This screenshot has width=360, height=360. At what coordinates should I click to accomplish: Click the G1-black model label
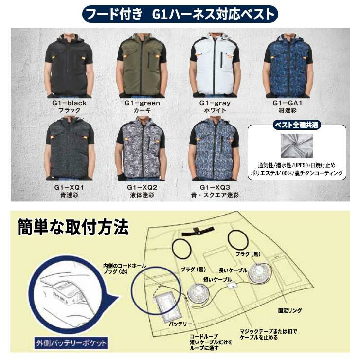(x=69, y=103)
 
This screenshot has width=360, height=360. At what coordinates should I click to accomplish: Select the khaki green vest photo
(x=142, y=66)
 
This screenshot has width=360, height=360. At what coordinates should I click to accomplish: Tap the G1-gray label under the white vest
(x=215, y=103)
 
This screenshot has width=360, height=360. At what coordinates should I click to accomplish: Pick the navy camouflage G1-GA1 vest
(x=288, y=66)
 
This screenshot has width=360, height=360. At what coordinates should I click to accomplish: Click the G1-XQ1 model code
(x=69, y=187)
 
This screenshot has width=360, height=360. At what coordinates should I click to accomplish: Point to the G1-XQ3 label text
(x=215, y=187)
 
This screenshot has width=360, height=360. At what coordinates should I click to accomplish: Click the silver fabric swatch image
(x=297, y=146)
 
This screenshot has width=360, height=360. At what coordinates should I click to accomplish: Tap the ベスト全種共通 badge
(x=297, y=125)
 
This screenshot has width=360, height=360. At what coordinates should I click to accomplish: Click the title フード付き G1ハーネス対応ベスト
(x=180, y=14)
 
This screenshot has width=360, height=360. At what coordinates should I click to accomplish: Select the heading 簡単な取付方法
(x=73, y=227)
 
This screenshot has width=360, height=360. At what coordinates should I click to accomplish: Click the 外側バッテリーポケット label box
(x=71, y=343)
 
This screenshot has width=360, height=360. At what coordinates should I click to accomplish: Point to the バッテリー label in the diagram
(x=180, y=324)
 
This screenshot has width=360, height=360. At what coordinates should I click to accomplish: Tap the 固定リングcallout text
(x=290, y=311)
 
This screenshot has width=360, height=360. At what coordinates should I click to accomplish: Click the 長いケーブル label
(x=233, y=270)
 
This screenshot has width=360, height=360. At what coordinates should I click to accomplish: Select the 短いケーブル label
(x=217, y=279)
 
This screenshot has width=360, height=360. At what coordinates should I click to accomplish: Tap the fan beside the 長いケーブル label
(x=260, y=273)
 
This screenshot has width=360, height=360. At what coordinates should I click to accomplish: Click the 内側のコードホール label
(x=125, y=266)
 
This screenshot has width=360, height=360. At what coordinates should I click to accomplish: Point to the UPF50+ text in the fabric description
(x=301, y=165)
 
